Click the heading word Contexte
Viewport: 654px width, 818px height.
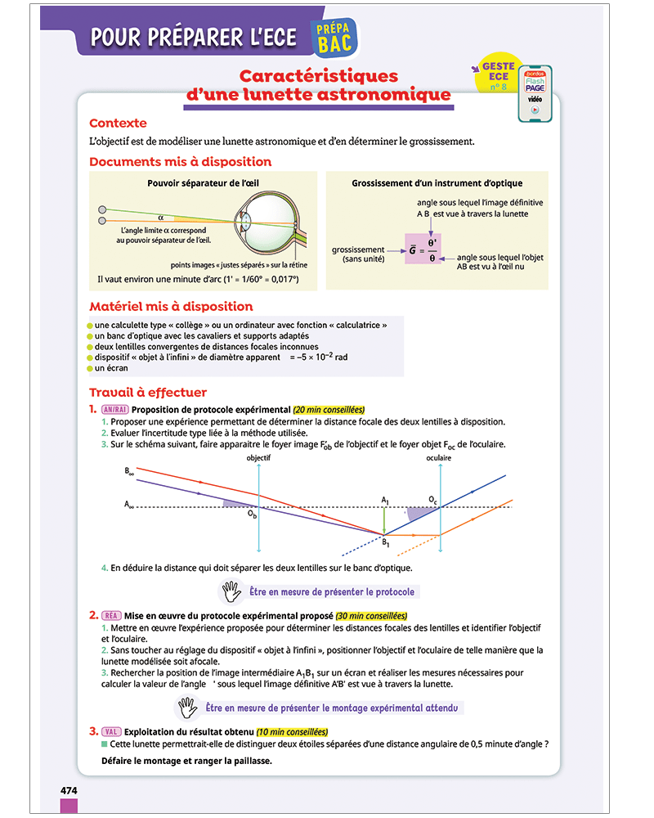point(118,124)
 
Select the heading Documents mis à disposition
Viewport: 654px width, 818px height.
point(180,162)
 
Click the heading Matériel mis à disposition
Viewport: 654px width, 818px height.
point(171,307)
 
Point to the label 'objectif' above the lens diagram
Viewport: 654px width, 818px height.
point(258,459)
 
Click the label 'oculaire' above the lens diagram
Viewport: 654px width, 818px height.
point(439,459)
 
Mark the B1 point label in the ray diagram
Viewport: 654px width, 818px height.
point(387,542)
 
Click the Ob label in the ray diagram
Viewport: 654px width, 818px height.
point(253,515)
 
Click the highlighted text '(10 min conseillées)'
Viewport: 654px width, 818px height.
point(292,731)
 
